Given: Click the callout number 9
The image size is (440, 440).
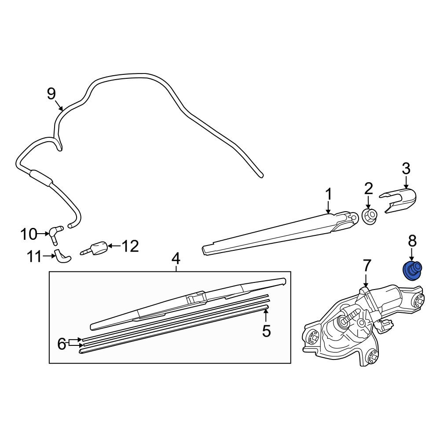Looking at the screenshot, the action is coord(51,94).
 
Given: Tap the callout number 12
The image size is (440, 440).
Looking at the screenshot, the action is coord(130,246).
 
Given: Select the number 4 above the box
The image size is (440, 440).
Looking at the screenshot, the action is coord(176,259).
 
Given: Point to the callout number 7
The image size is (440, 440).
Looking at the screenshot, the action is coord(367,266).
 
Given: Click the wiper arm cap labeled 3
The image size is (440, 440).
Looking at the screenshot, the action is coord(398,200).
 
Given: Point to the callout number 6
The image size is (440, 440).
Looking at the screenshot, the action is coord(62,344).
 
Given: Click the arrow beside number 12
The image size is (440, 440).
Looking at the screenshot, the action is coord(114,246).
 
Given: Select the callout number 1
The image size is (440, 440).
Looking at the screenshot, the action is coord(328,194).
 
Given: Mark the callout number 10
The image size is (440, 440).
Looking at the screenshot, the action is coord(29,234).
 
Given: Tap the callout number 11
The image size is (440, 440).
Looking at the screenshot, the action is coord(34,257).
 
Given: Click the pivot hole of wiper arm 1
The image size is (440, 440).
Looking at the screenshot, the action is coord(354,217).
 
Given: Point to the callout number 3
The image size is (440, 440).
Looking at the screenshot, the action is coord(406,169).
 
